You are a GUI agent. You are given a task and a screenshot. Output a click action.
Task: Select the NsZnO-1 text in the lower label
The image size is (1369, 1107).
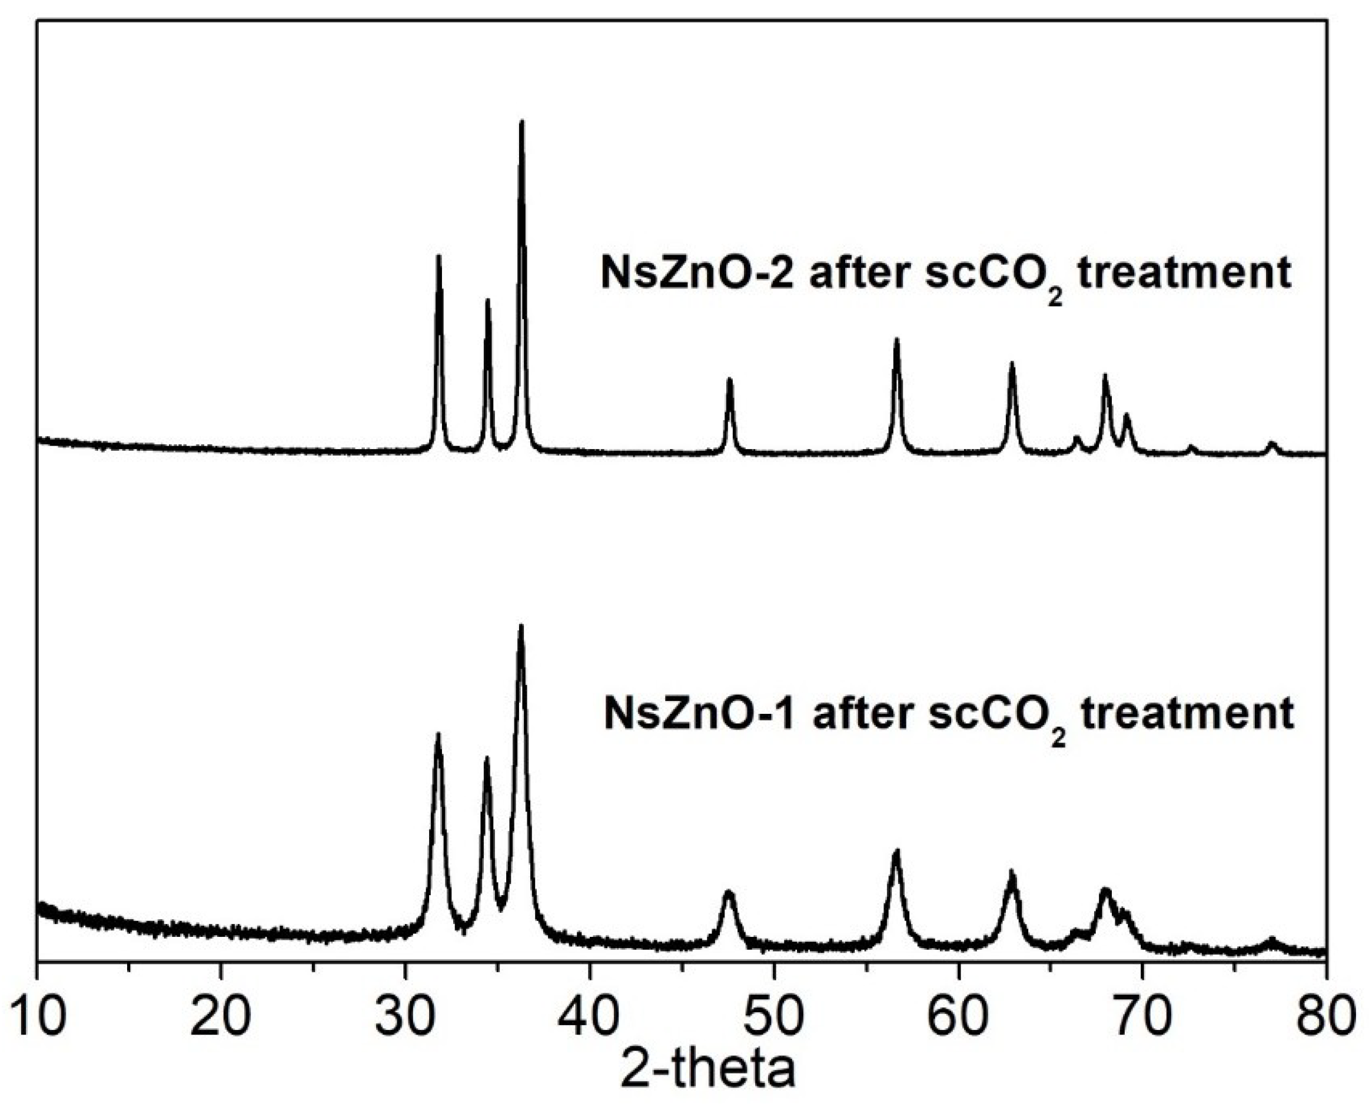698,714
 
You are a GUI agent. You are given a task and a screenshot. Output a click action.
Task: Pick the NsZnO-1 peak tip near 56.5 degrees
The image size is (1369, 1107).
896,852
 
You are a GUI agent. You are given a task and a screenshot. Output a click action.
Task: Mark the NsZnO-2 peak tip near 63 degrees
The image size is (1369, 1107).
1011,363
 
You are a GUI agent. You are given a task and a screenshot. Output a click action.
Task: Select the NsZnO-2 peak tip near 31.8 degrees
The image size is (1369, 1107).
438,257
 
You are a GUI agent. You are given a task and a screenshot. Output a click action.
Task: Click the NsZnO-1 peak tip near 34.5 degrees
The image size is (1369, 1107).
487,759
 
